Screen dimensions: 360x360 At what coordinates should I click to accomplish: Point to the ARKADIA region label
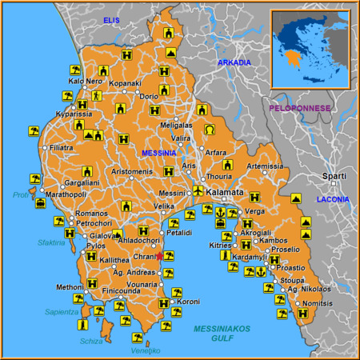click(x=234, y=62)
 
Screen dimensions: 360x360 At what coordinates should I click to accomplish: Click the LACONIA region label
click(x=333, y=198)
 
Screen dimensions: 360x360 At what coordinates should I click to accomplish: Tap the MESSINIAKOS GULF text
click(x=222, y=334)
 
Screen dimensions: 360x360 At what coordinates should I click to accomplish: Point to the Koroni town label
click(x=188, y=302)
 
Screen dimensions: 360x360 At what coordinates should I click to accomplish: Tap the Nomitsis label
click(x=318, y=303)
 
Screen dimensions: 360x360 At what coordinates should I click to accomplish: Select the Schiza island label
click(x=92, y=341)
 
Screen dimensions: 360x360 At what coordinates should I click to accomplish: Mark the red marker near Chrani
click(x=160, y=257)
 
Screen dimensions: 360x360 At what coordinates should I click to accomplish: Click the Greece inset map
click(x=309, y=48)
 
